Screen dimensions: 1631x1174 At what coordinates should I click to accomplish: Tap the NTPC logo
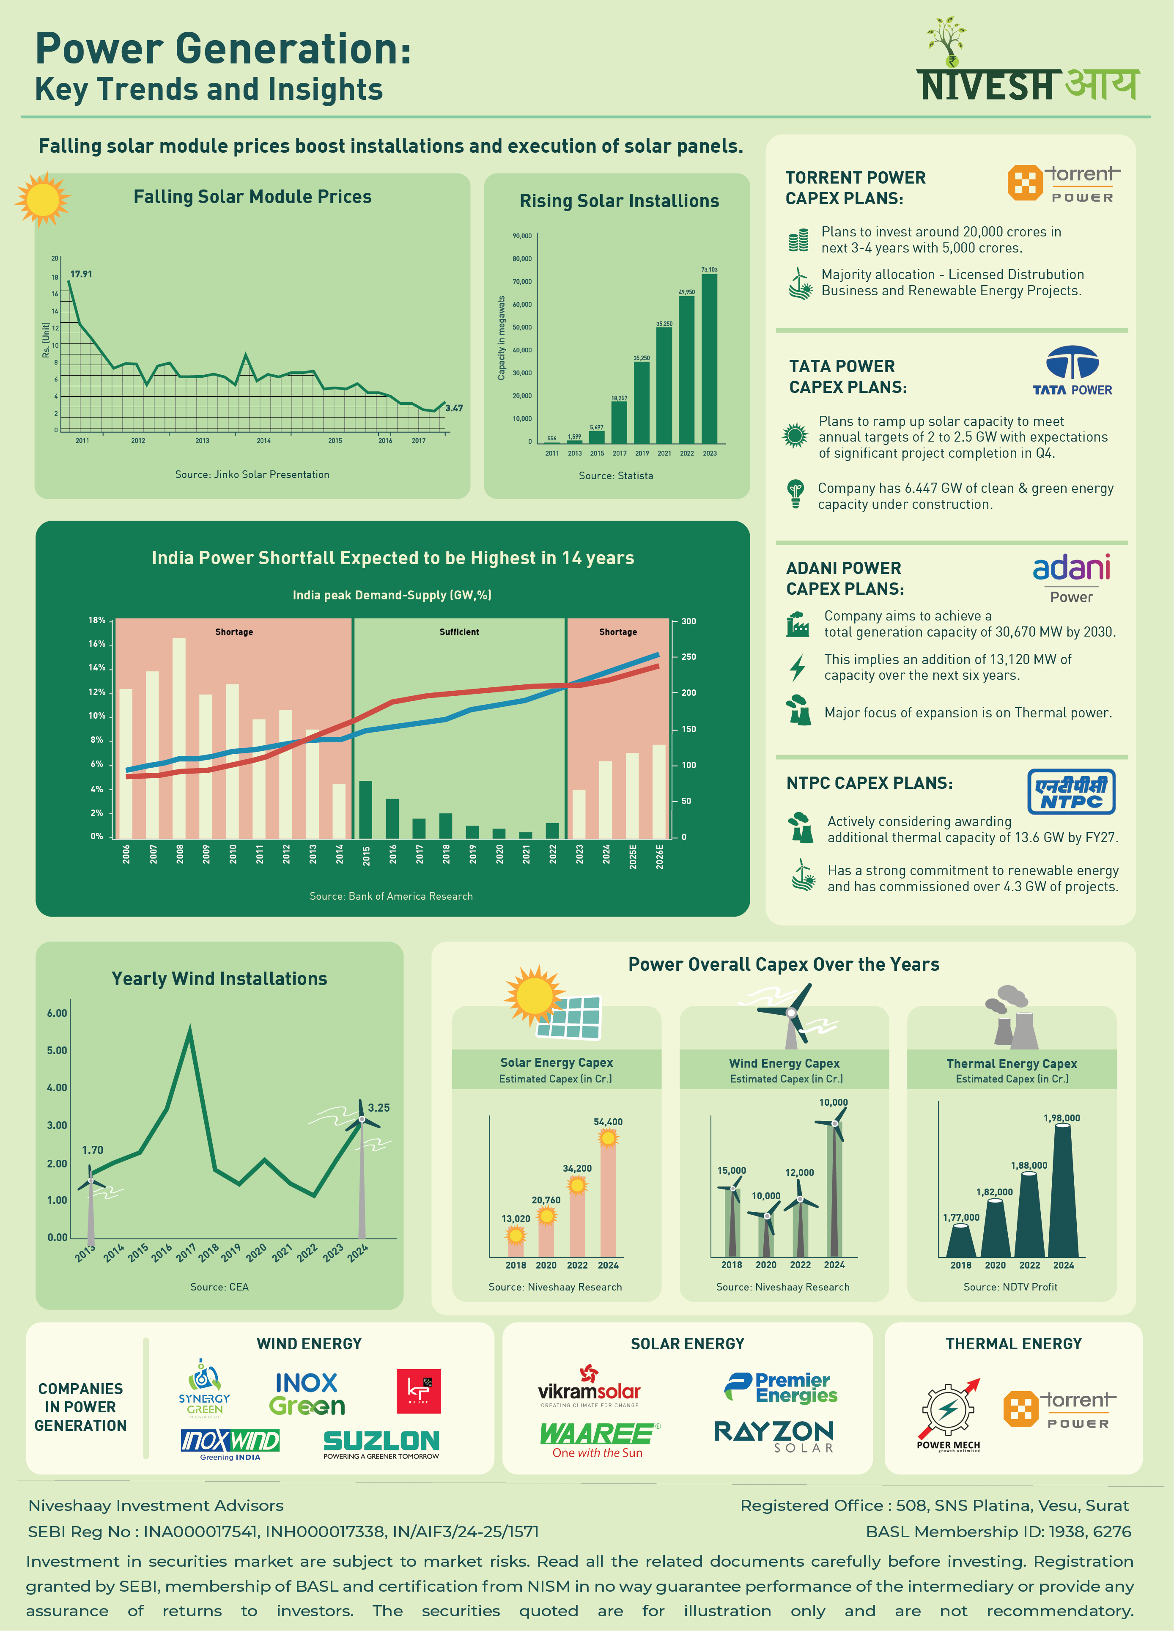click(1071, 791)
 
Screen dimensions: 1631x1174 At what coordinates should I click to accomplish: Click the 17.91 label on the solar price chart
click(81, 274)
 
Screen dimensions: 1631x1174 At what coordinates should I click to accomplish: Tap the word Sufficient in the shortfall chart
click(459, 632)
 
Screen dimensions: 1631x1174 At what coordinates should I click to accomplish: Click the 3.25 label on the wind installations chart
click(379, 1107)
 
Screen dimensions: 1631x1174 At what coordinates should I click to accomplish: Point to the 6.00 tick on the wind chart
click(57, 1013)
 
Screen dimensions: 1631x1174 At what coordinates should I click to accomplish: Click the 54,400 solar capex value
click(608, 1122)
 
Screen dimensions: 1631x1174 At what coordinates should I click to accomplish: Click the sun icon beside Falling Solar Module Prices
click(42, 199)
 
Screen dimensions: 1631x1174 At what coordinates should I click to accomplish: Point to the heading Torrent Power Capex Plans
click(856, 188)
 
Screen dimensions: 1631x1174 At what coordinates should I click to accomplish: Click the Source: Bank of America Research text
click(391, 896)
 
